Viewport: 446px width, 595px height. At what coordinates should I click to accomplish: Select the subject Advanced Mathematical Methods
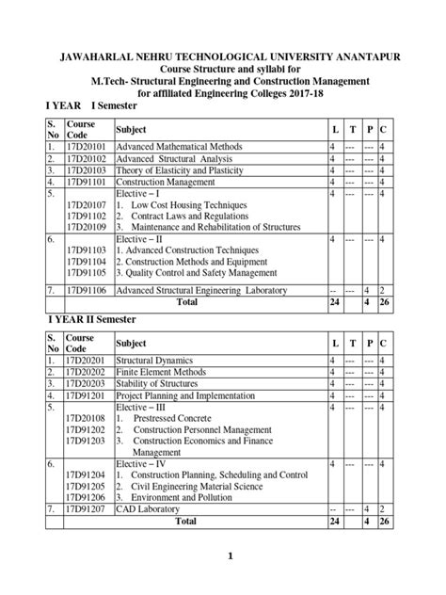click(179, 148)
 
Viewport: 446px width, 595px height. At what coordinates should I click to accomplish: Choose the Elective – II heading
click(142, 240)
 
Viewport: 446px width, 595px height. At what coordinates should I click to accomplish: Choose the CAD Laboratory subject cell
click(151, 509)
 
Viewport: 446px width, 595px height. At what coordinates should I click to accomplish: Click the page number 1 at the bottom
click(229, 556)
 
